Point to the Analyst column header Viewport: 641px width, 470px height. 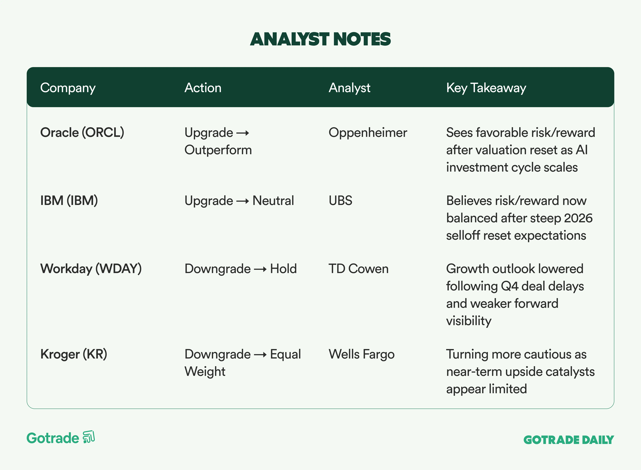tap(349, 88)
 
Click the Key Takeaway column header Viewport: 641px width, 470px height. tap(486, 88)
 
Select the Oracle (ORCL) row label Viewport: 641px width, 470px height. tap(82, 133)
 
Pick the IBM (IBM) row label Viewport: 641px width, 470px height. tap(69, 201)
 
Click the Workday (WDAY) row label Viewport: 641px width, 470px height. tap(91, 269)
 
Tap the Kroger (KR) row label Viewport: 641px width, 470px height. tap(74, 354)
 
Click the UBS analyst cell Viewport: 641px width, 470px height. tap(341, 201)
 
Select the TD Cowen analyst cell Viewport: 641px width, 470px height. tap(358, 269)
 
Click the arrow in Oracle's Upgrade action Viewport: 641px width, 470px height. tap(243, 133)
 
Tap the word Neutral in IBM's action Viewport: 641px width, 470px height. tap(273, 201)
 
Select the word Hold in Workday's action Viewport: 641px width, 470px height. tap(283, 269)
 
